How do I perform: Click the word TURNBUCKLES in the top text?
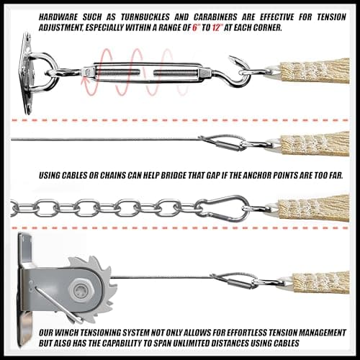145,17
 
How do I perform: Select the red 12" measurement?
217,27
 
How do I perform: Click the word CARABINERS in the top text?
215,17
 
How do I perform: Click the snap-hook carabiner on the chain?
222,208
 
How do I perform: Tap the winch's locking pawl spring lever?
58,305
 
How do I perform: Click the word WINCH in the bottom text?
67,333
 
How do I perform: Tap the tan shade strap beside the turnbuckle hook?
315,71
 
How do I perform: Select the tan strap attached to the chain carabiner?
313,208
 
